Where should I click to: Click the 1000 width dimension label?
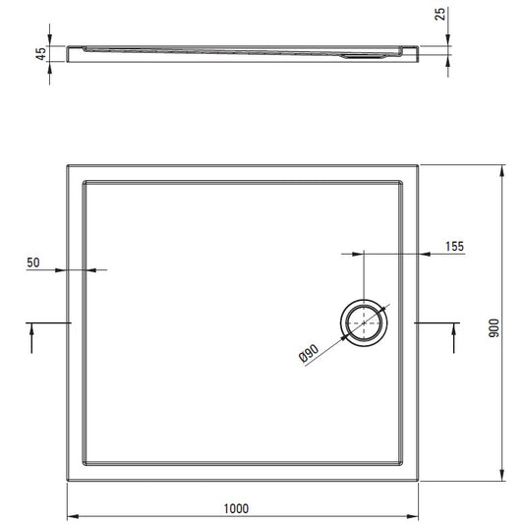(236, 508)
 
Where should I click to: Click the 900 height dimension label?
(494, 328)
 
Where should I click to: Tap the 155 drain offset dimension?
(454, 247)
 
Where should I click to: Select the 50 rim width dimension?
(33, 262)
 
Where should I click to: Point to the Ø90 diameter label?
(309, 353)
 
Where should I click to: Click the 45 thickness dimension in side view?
(40, 54)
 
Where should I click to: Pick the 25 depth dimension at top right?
(440, 14)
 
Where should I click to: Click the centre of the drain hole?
(364, 323)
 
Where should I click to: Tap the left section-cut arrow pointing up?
(31, 337)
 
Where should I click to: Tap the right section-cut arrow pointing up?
(454, 337)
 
